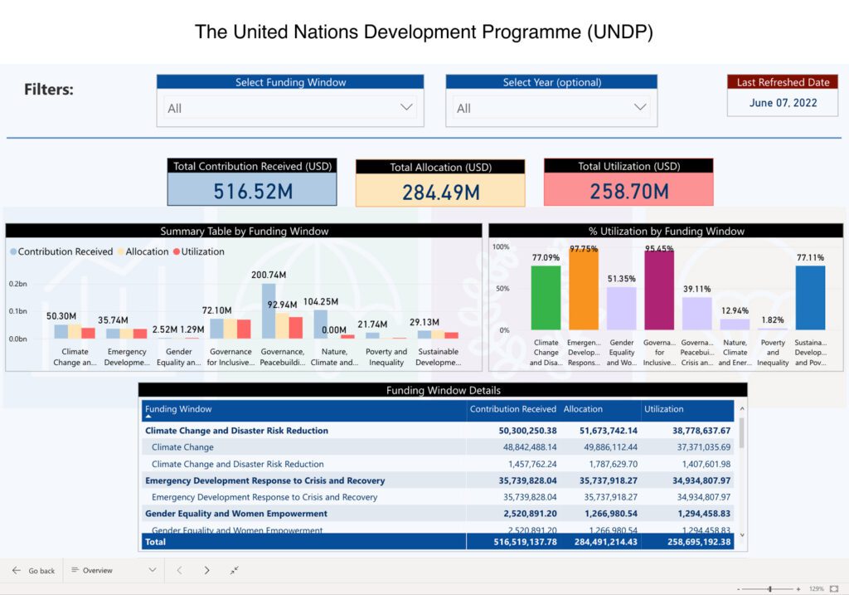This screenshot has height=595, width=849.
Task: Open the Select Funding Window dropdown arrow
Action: point(406,107)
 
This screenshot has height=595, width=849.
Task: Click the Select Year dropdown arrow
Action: point(640,107)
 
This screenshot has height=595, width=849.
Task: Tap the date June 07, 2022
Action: point(783,103)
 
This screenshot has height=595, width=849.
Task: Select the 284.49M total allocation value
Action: point(440,193)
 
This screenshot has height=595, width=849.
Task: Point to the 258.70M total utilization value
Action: point(628,192)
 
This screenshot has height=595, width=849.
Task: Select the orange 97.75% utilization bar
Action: point(584,290)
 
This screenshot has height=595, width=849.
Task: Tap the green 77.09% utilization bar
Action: point(546,297)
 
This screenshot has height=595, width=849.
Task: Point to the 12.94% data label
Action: point(735,311)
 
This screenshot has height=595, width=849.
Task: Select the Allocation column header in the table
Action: point(583,409)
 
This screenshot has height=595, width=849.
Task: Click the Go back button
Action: point(34,571)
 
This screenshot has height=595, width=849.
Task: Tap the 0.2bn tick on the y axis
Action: point(18,284)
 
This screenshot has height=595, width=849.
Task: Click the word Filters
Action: point(49,90)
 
